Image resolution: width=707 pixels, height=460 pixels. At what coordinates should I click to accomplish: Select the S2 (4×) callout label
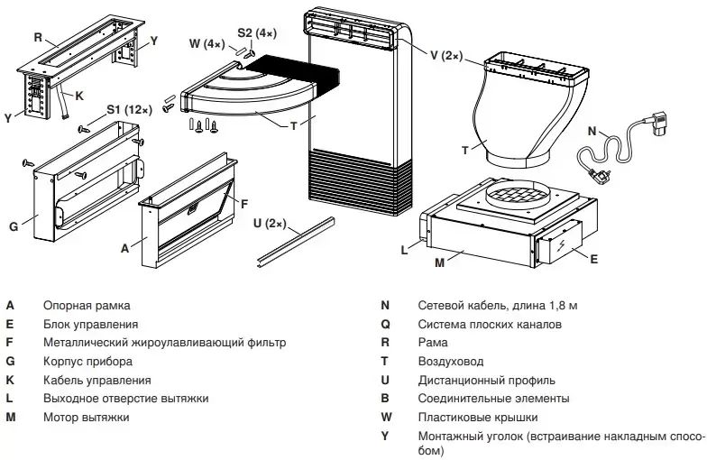(x=256, y=32)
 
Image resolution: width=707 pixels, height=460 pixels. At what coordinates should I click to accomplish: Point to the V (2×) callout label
(x=445, y=56)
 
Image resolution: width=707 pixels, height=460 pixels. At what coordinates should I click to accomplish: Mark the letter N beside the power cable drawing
(x=591, y=131)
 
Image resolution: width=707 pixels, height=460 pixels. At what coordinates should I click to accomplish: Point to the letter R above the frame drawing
(x=38, y=38)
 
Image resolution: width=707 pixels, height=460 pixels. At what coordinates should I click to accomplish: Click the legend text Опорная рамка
(x=87, y=306)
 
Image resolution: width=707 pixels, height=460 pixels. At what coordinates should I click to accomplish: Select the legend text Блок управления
(x=90, y=324)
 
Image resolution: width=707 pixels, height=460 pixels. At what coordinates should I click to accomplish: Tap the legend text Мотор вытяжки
(x=86, y=417)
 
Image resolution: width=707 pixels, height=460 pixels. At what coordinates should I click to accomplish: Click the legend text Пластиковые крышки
(x=477, y=417)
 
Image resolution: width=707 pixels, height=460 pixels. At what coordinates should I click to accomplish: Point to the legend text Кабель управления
(x=96, y=380)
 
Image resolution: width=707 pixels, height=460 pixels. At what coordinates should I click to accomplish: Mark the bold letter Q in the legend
(x=385, y=324)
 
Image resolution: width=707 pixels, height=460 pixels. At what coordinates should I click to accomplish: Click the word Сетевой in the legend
(x=440, y=306)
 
